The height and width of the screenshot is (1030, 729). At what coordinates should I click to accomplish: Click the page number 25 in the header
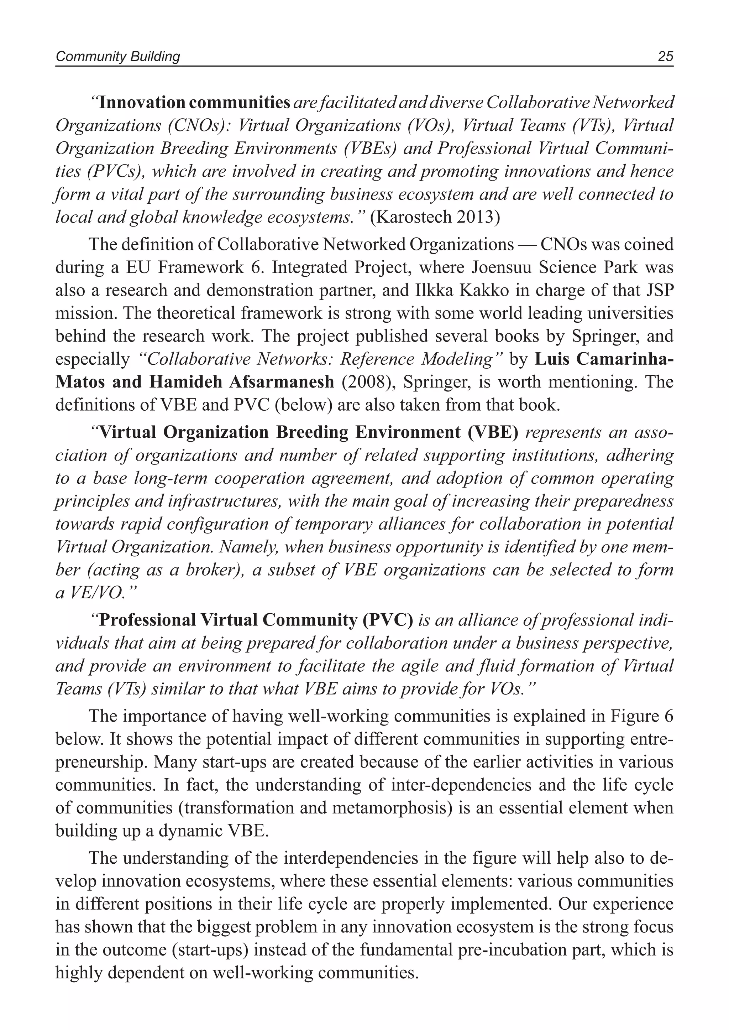[665, 57]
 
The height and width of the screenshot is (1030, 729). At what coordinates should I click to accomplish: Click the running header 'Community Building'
[117, 57]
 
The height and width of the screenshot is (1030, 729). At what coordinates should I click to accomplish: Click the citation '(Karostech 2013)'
[435, 217]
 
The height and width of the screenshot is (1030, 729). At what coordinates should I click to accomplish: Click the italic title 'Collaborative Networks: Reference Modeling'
[320, 359]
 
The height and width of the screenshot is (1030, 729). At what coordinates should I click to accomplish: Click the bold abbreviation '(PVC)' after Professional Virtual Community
[391, 620]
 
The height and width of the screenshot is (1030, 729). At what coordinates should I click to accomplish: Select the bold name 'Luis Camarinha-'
[604, 359]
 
